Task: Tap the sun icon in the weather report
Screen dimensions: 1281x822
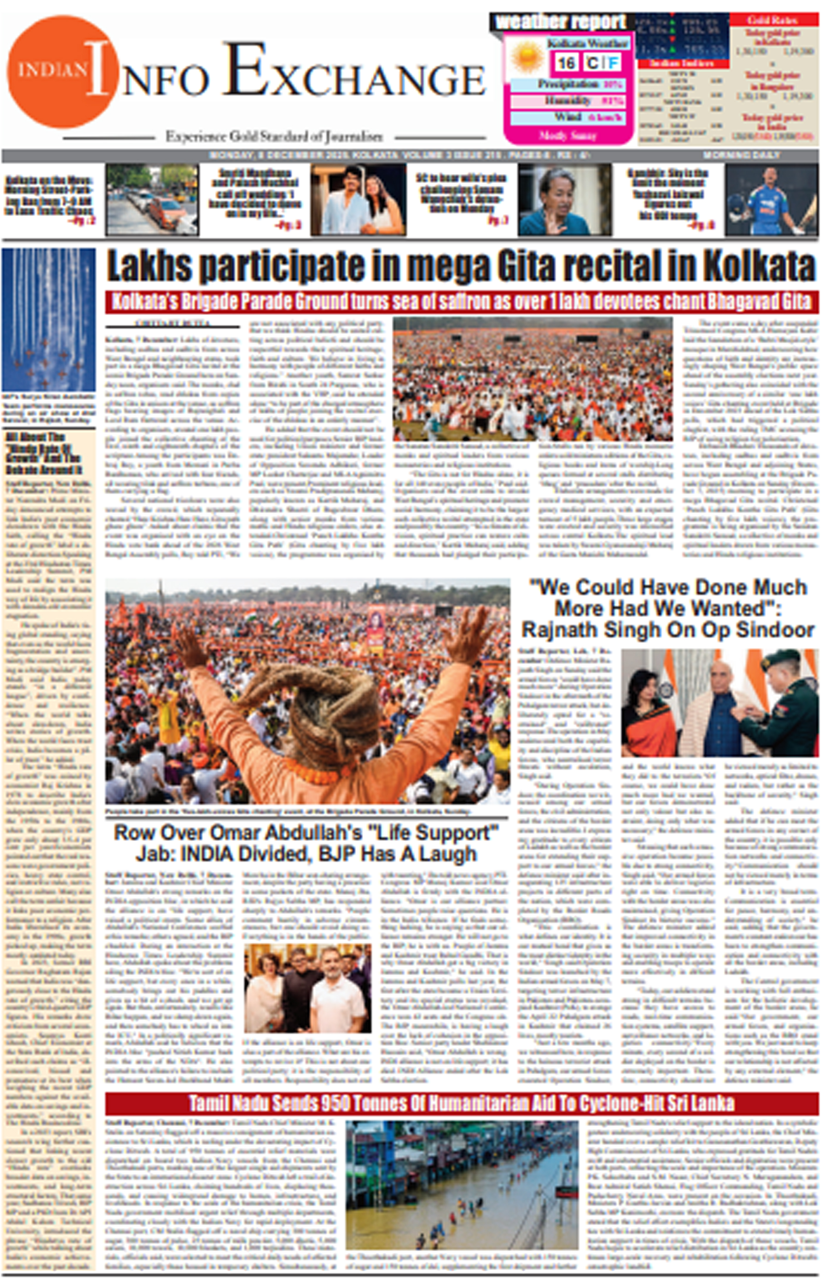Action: [526, 57]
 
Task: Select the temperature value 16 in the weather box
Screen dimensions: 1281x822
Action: [566, 63]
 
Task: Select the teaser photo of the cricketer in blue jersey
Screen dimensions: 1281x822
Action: [771, 200]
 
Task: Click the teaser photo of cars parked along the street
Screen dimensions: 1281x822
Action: [152, 200]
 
